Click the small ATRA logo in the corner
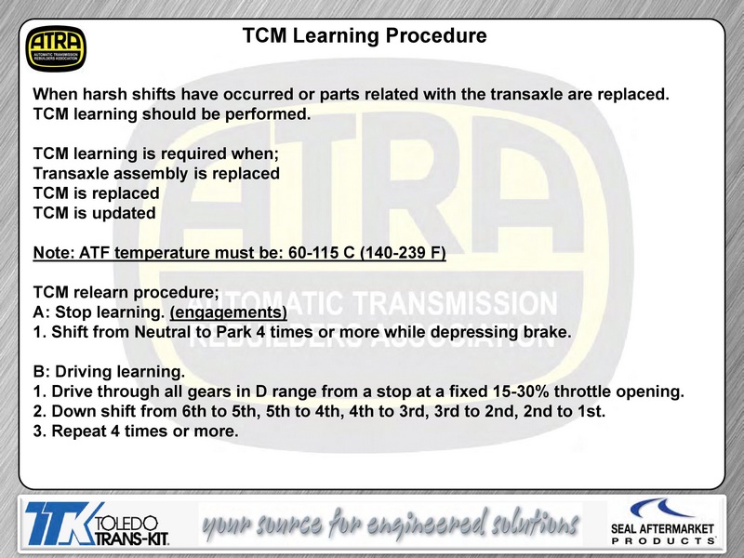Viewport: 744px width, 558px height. click(56, 48)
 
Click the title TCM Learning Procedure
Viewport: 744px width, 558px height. click(365, 35)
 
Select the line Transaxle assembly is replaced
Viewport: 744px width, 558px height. click(156, 174)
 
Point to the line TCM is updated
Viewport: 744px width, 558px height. click(95, 213)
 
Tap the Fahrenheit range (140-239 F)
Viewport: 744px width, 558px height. click(403, 252)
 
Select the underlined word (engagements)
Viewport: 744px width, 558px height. click(228, 312)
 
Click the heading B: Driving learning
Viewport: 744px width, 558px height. click(109, 371)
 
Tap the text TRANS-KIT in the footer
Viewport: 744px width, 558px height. click(132, 538)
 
